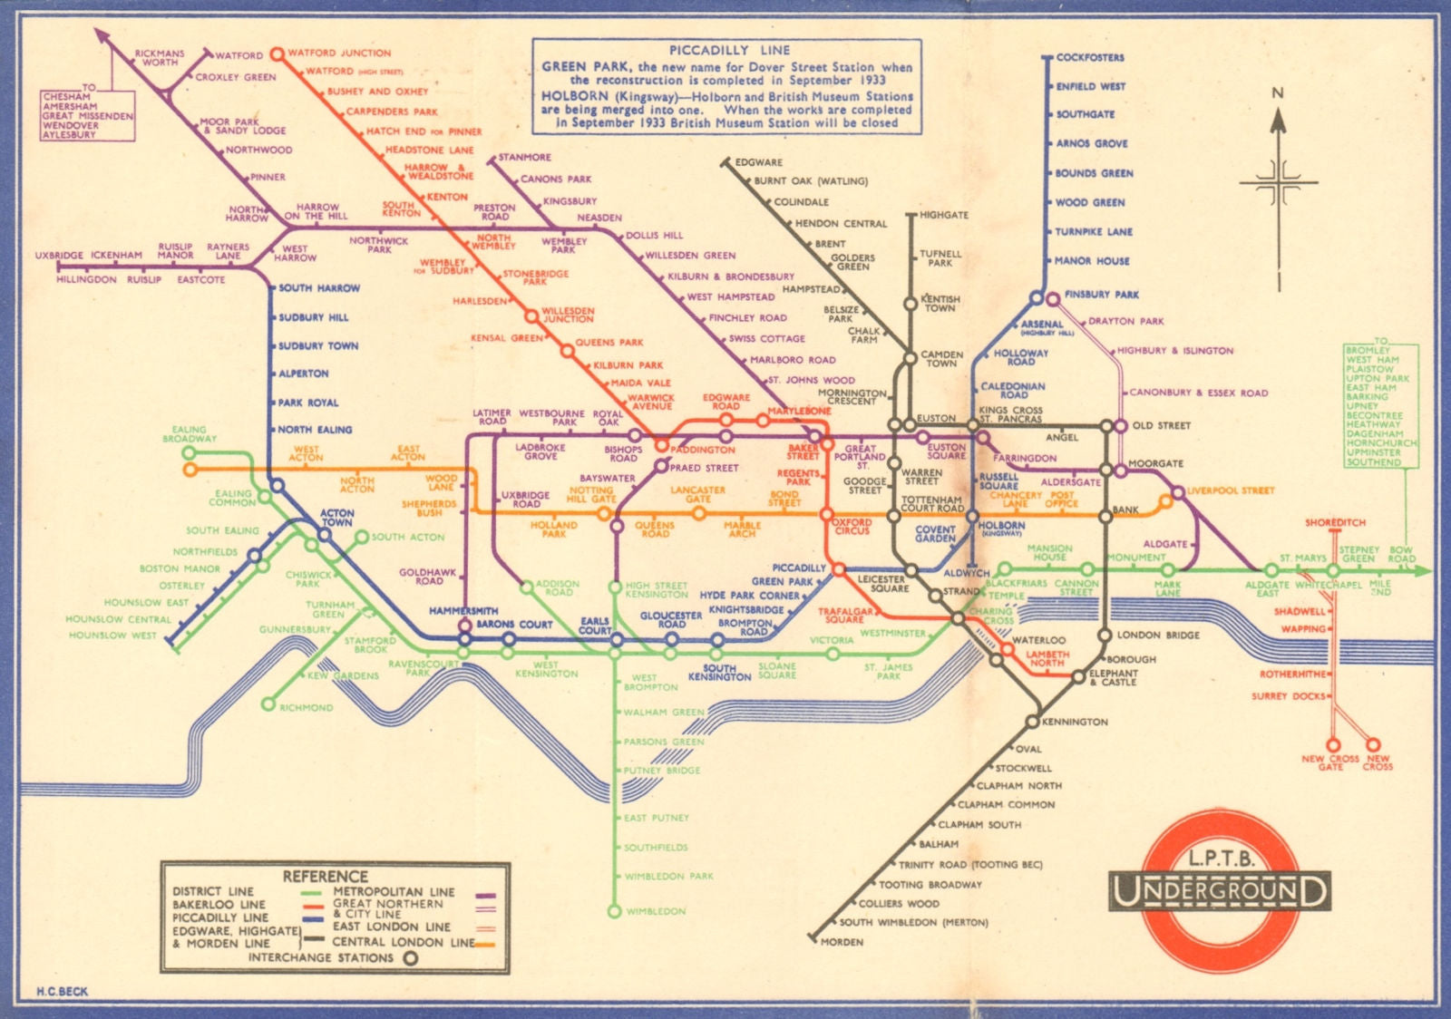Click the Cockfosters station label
pyautogui.click(x=1089, y=57)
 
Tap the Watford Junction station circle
pyautogui.click(x=278, y=53)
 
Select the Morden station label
pyautogui.click(x=842, y=942)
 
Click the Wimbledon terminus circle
pyautogui.click(x=615, y=911)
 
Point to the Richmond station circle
pyautogui.click(x=268, y=704)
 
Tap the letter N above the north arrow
pyautogui.click(x=1278, y=93)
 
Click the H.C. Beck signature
pyautogui.click(x=62, y=991)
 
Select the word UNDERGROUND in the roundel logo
pyautogui.click(x=1219, y=892)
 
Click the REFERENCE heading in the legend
pyautogui.click(x=325, y=877)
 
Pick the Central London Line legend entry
pyautogui.click(x=403, y=942)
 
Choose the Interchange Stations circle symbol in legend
pyautogui.click(x=411, y=957)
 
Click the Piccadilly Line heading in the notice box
pyautogui.click(x=729, y=51)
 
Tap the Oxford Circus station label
pyautogui.click(x=852, y=527)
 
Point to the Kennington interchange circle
pyautogui.click(x=1032, y=722)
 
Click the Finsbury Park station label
pyautogui.click(x=1101, y=295)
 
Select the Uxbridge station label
pyautogui.click(x=59, y=256)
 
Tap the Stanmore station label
pyautogui.click(x=524, y=157)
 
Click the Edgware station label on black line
pyautogui.click(x=758, y=162)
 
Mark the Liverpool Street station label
pyautogui.click(x=1230, y=490)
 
